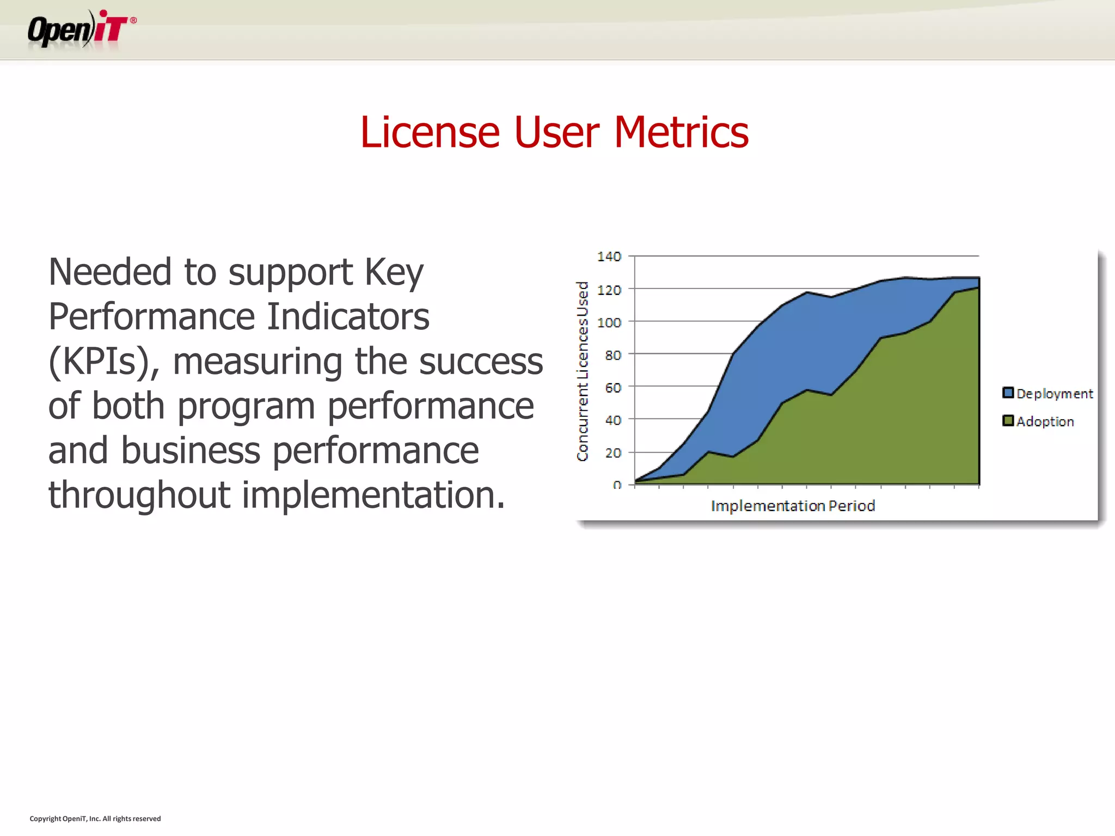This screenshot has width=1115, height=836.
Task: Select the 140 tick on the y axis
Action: click(x=609, y=256)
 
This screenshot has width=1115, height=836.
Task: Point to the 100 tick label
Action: click(x=609, y=323)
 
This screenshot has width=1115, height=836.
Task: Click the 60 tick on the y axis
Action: click(x=613, y=388)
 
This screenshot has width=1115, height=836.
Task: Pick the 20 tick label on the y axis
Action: click(x=613, y=453)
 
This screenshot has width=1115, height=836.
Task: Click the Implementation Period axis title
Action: click(x=793, y=506)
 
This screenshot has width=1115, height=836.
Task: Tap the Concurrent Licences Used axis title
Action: click(x=583, y=371)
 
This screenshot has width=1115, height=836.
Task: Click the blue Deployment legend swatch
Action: click(x=1008, y=392)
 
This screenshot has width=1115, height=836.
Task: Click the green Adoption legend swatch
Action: click(x=1008, y=421)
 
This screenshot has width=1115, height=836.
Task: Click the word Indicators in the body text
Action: click(x=348, y=317)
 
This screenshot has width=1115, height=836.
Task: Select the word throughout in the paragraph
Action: click(x=139, y=495)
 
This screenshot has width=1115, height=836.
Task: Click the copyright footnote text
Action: click(x=95, y=819)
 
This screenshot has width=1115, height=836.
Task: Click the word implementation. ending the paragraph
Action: click(x=373, y=495)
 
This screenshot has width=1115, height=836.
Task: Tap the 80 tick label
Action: click(x=613, y=355)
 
